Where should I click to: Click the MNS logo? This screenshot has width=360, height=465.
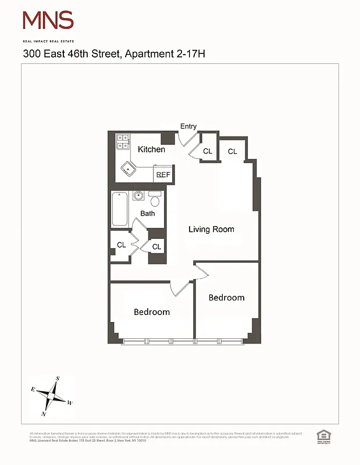(x=48, y=22)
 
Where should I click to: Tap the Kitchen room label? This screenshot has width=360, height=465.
(x=151, y=149)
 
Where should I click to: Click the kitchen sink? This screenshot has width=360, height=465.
(x=128, y=169)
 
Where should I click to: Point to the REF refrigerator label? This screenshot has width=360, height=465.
(x=163, y=174)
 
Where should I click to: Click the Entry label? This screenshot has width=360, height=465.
(x=188, y=127)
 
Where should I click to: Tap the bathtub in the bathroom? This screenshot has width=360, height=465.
(x=119, y=209)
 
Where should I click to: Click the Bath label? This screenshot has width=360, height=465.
(x=148, y=214)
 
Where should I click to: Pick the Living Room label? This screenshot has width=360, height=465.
(x=211, y=230)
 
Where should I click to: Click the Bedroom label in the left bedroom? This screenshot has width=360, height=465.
(x=152, y=312)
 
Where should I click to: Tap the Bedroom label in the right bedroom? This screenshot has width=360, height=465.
(x=226, y=298)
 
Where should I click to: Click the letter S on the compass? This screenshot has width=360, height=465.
(x=58, y=379)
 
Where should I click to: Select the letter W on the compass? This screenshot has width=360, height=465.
(x=70, y=402)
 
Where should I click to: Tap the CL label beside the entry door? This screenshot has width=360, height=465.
(x=208, y=152)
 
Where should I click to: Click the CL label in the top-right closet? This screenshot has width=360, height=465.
(x=233, y=152)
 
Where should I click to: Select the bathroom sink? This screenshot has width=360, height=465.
(x=139, y=196)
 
